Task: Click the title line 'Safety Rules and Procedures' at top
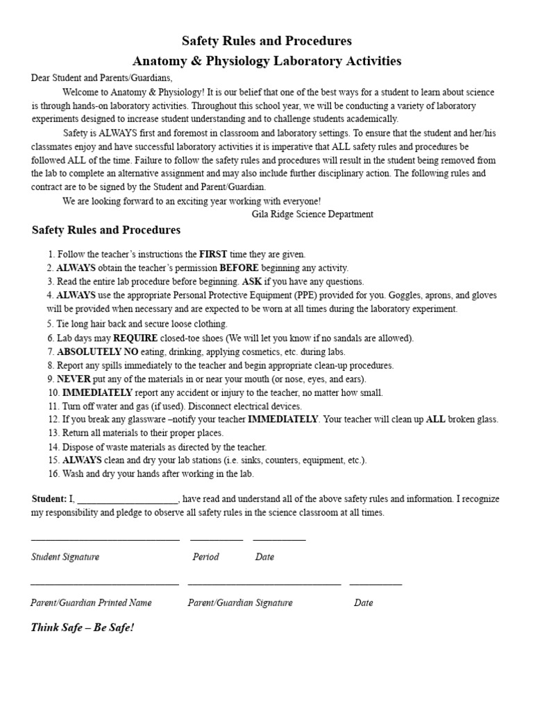tap(266, 41)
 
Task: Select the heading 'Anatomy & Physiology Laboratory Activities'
tap(266, 61)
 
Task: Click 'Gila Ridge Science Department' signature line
tap(312, 214)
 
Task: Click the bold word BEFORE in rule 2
tap(239, 268)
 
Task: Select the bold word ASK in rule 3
tap(251, 282)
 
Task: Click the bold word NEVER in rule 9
tap(74, 379)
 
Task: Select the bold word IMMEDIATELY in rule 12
tap(283, 419)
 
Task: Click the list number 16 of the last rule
tap(53, 474)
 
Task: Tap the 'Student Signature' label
tap(65, 557)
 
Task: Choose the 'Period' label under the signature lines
tap(205, 557)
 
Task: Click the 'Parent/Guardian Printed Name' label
tap(91, 603)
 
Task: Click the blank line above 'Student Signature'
tap(105, 539)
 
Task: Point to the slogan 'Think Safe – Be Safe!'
tap(83, 627)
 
